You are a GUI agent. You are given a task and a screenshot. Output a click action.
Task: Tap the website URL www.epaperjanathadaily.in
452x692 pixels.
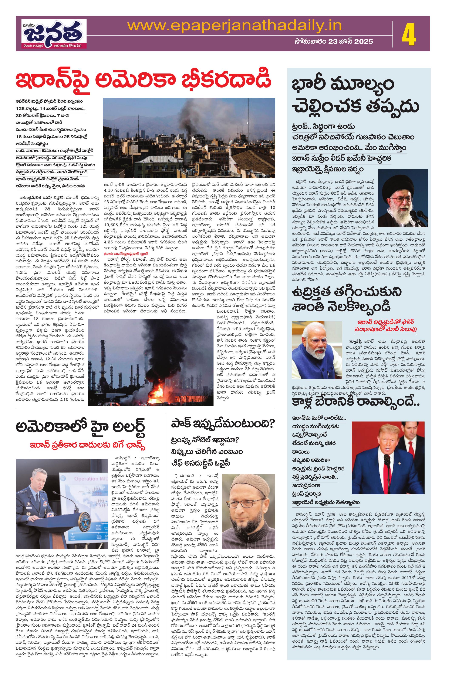pos(234,26)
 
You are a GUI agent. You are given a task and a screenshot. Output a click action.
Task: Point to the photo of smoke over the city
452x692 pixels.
pos(189,138)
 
